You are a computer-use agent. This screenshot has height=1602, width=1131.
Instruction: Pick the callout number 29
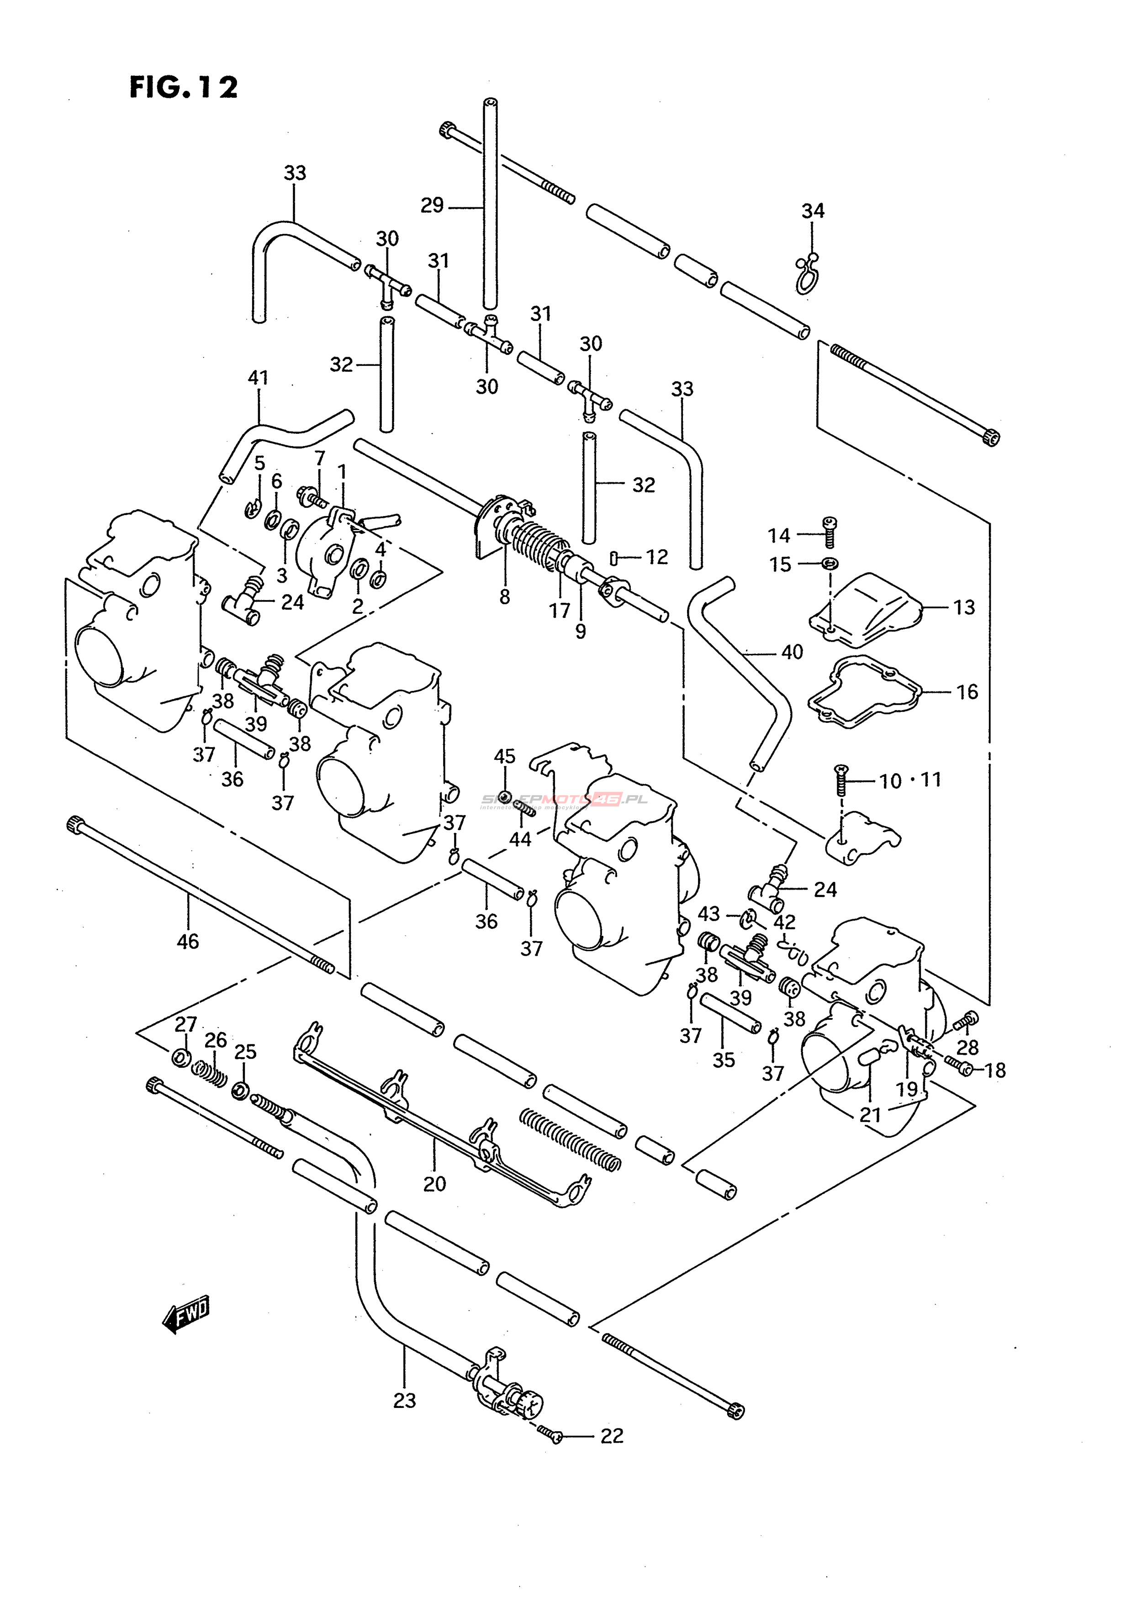pos(432,205)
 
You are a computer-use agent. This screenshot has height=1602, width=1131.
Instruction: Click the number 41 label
pos(258,378)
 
